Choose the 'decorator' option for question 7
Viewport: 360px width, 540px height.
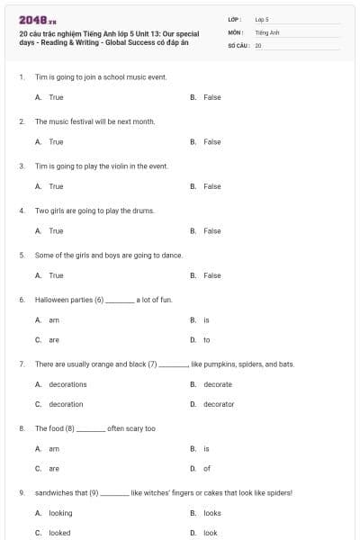[219, 404]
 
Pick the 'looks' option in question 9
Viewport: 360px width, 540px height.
[212, 513]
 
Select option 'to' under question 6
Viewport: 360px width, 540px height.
[207, 339]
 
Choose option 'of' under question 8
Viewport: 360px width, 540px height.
[207, 468]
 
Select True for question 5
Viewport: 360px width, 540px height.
[56, 275]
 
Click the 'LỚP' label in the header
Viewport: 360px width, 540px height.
[234, 18]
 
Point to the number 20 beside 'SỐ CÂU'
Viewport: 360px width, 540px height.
[258, 44]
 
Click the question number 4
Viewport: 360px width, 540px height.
[22, 211]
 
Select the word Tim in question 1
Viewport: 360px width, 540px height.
[40, 77]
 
